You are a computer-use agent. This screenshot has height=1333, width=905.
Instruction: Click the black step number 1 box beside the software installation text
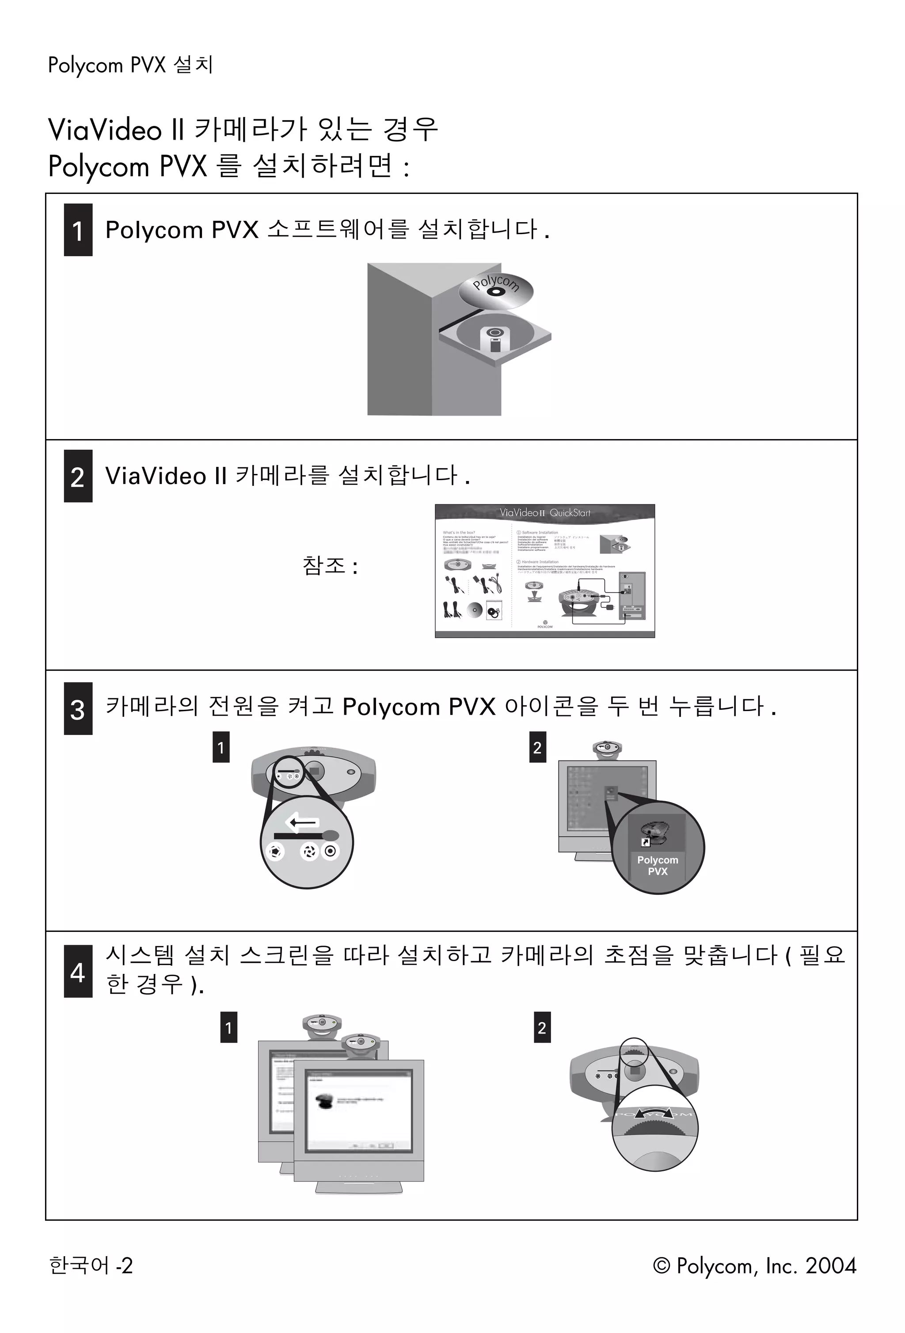[78, 230]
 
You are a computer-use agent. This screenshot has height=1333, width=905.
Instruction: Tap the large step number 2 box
[78, 476]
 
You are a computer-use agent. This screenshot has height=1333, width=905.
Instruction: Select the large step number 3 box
[78, 708]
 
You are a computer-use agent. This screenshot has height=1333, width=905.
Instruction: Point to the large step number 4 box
[78, 971]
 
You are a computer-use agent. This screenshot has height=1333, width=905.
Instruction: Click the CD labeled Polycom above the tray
[496, 290]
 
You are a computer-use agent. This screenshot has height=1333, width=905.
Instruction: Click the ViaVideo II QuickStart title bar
[544, 513]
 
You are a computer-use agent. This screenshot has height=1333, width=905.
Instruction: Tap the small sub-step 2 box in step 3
[537, 747]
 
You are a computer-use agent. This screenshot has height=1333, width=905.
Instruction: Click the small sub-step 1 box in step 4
[228, 1027]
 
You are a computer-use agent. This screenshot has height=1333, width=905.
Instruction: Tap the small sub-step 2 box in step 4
[542, 1027]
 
